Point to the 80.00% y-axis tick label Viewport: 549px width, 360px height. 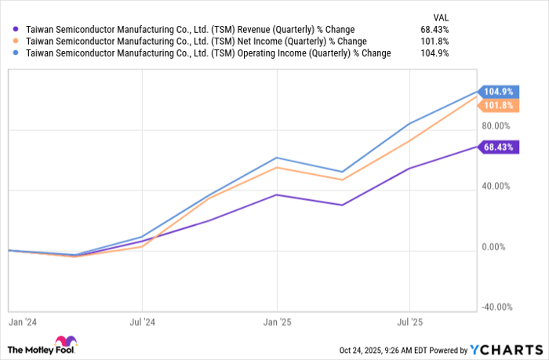tap(495, 125)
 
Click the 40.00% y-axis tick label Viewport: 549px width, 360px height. tap(495, 187)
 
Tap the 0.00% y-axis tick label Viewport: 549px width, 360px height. tap(497, 247)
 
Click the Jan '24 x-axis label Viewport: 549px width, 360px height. tap(18, 322)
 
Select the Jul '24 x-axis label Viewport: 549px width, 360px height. tap(142, 322)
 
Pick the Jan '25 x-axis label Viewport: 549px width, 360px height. tap(277, 322)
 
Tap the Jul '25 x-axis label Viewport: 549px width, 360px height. tap(409, 322)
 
